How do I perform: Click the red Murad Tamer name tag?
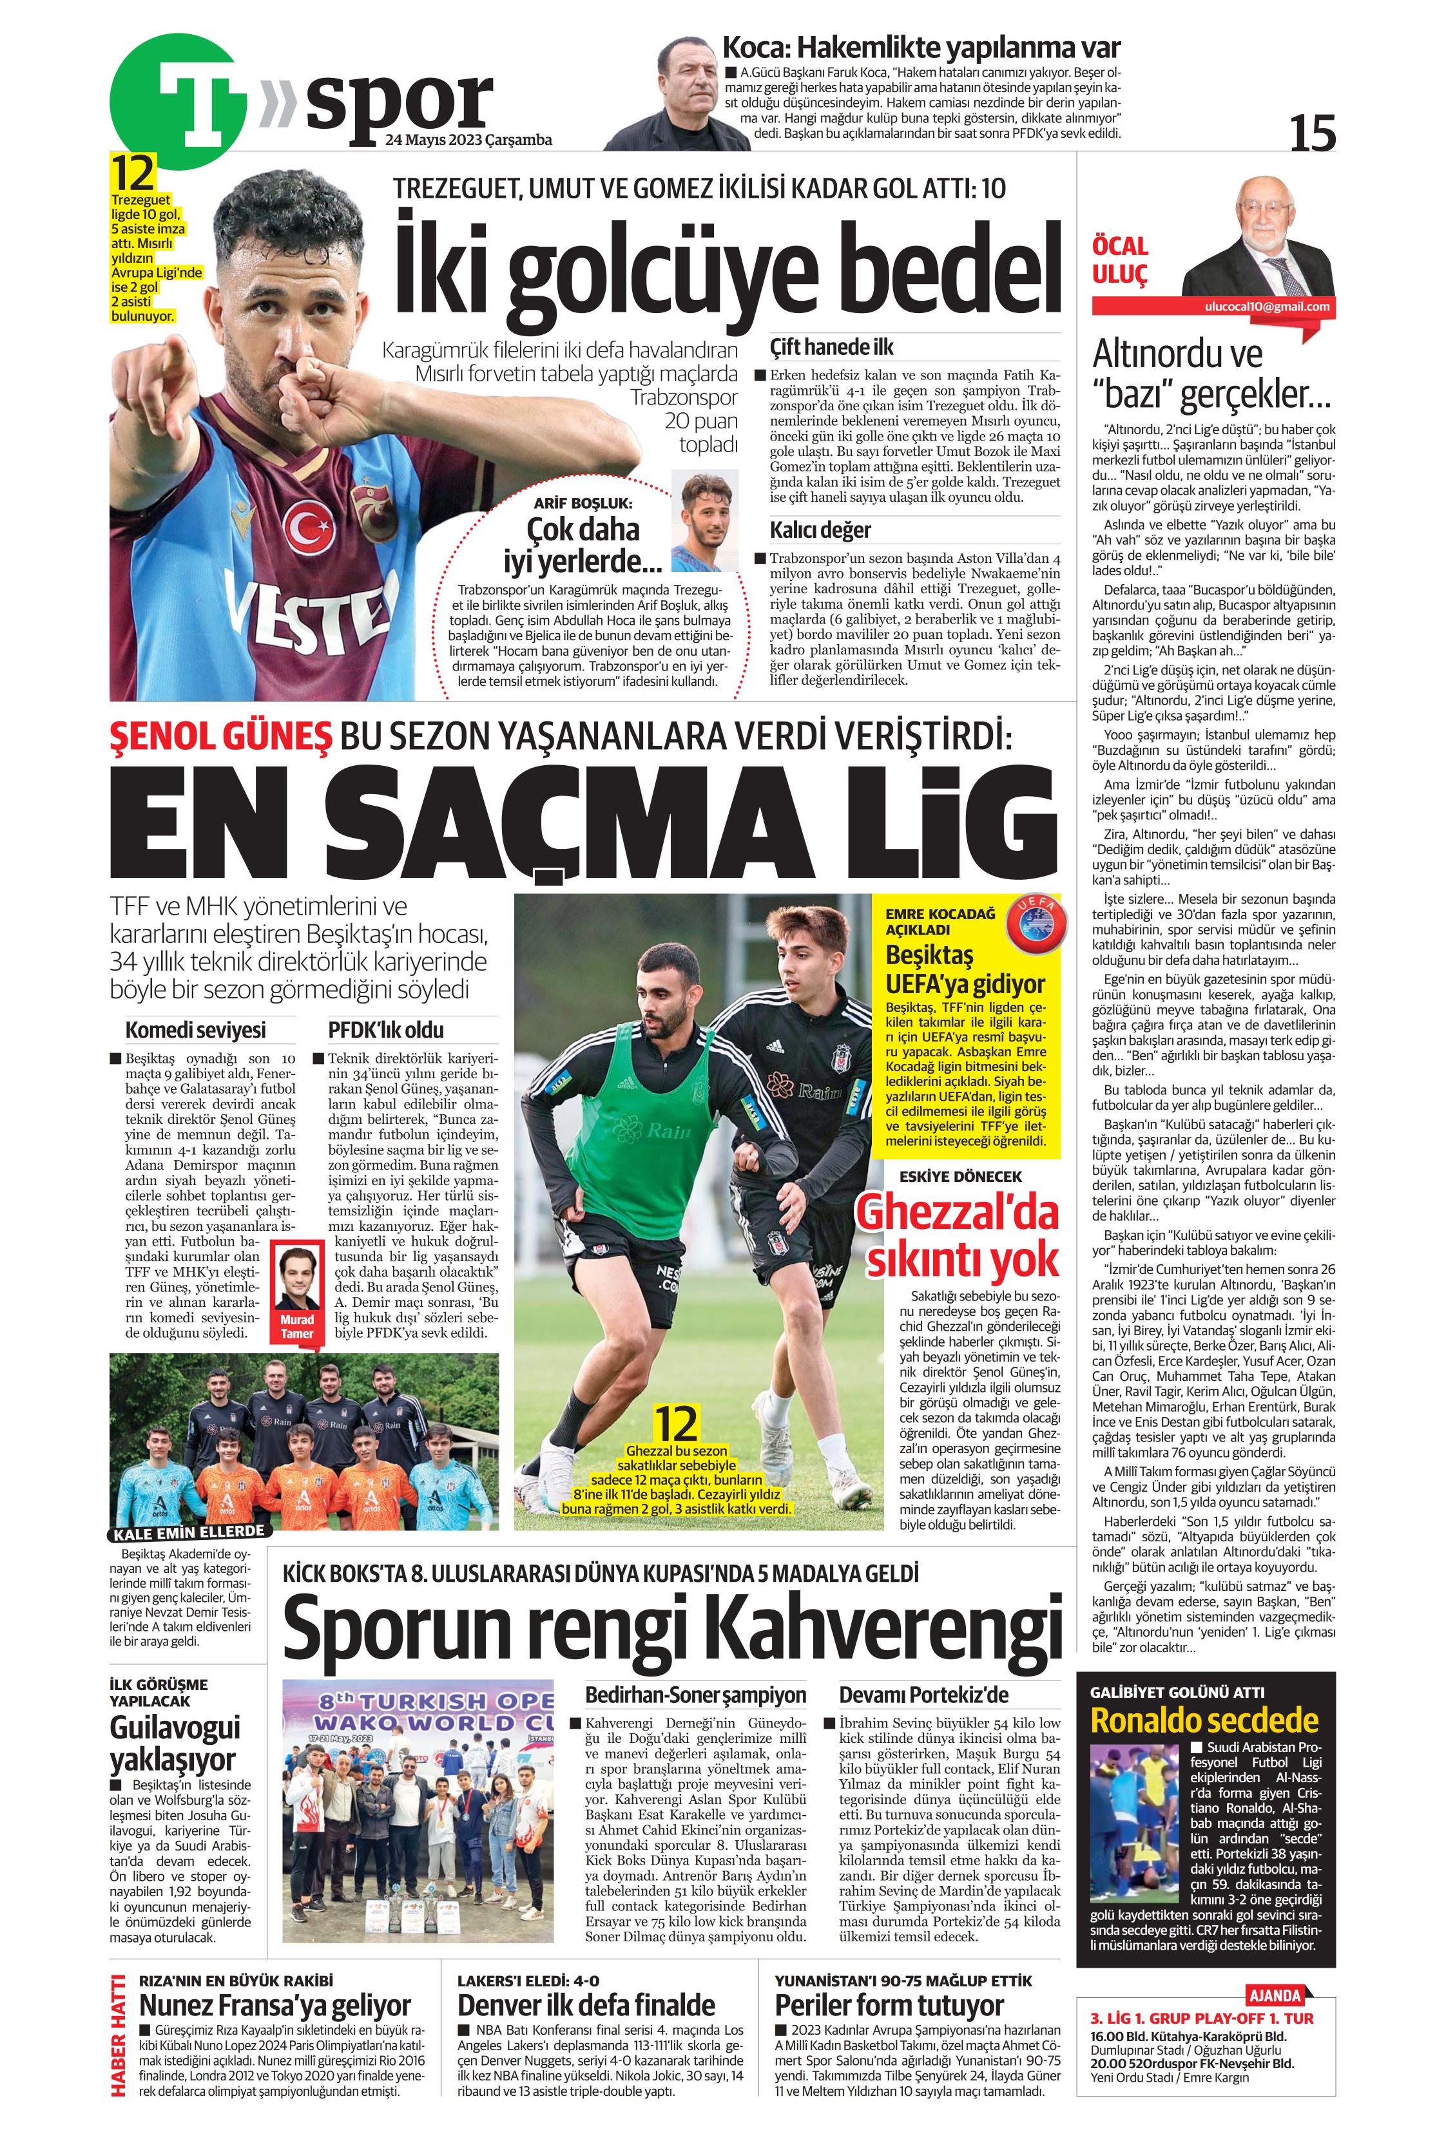pos(297,1327)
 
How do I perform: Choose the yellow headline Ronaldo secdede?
pos(1203,1720)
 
